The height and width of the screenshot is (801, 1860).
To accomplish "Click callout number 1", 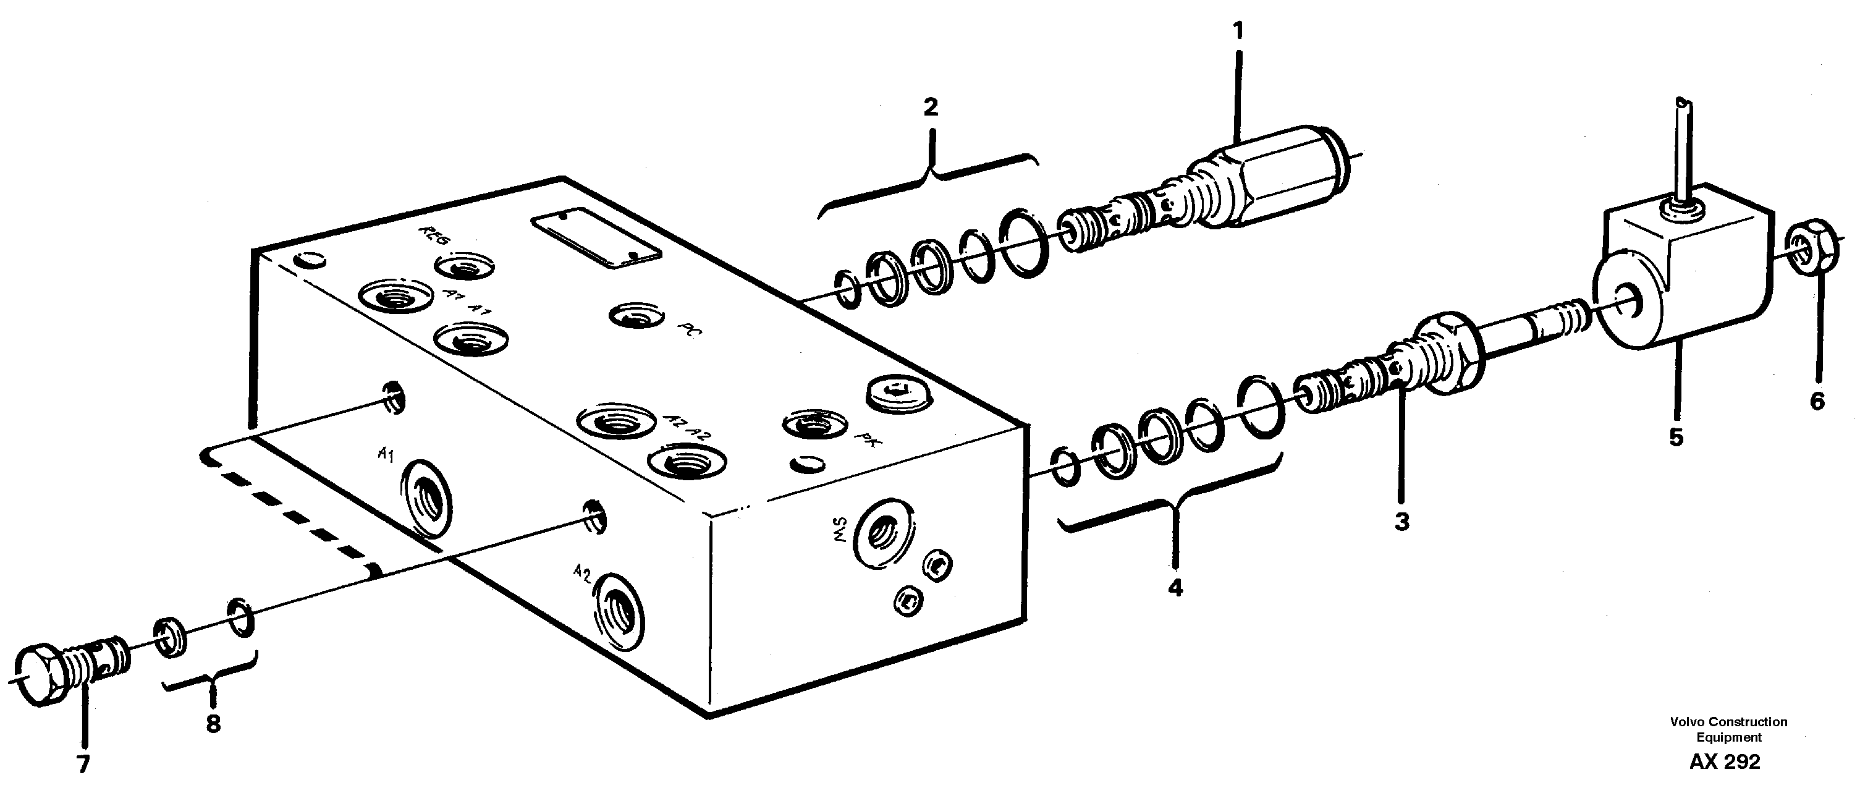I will (x=1238, y=31).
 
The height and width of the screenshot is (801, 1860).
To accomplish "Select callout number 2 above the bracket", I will (x=931, y=108).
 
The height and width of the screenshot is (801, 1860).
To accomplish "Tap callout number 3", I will (x=1401, y=522).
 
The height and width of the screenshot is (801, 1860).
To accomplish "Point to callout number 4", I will (x=1175, y=588).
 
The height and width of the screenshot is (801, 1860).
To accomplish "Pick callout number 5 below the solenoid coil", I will (x=1676, y=437).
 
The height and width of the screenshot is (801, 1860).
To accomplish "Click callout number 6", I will (x=1817, y=401).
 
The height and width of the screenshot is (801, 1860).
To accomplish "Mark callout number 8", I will (x=213, y=724).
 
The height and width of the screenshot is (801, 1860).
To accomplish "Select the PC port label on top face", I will (x=687, y=331).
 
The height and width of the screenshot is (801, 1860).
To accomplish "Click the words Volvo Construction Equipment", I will (x=1728, y=729).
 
